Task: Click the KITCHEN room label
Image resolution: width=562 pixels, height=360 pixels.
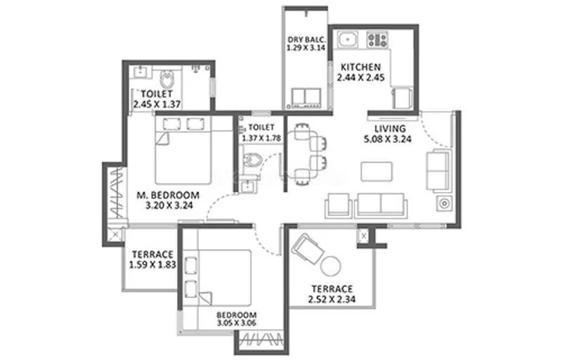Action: tap(361, 67)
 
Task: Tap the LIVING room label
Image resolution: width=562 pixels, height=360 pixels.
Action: tap(389, 129)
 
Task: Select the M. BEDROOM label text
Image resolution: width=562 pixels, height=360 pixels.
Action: tap(169, 195)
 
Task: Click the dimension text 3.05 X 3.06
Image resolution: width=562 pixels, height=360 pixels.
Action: tap(236, 325)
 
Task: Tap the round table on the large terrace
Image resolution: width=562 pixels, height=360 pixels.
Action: tap(331, 266)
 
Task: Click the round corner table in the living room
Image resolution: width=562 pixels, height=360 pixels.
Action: tap(444, 204)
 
